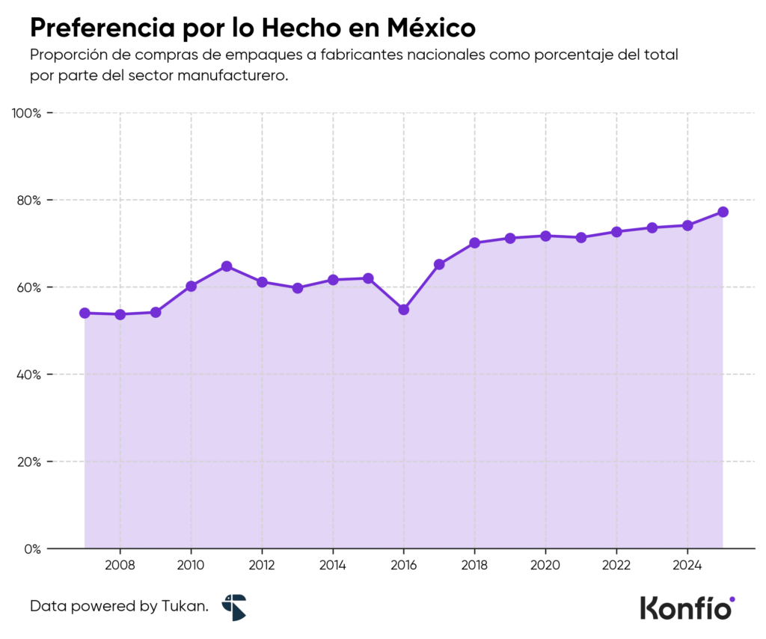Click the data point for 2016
tap(404, 309)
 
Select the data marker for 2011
tap(227, 266)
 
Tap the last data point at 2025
tap(723, 212)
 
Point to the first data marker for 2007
tap(85, 313)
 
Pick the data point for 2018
tap(474, 242)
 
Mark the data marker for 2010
tap(191, 286)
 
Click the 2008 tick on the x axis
tap(120, 565)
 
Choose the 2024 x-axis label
tap(687, 565)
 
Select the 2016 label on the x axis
tap(404, 565)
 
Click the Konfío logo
tap(687, 607)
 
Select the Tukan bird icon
tap(233, 607)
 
